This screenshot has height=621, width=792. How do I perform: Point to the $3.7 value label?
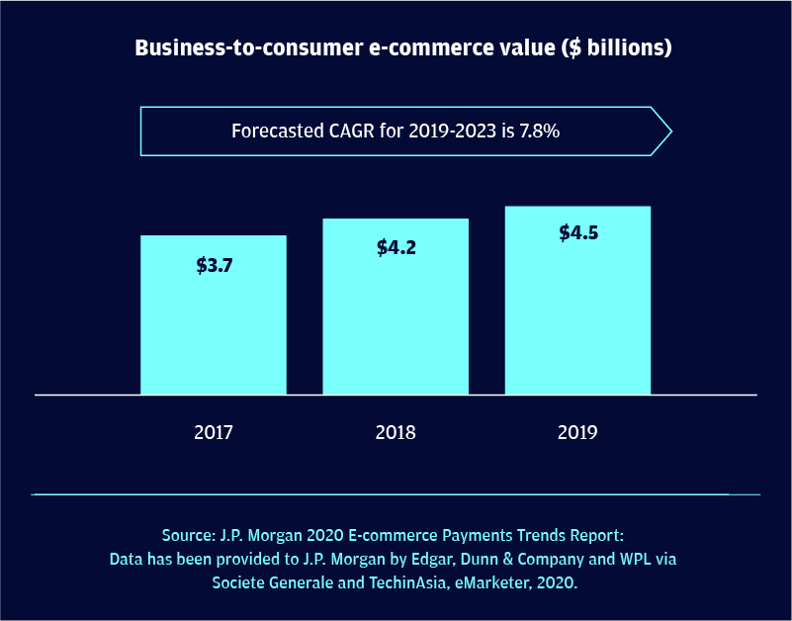(x=214, y=265)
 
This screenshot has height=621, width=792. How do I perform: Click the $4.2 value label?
(x=396, y=247)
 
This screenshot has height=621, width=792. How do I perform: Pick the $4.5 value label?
(x=578, y=233)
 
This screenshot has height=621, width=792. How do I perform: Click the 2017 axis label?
(x=214, y=432)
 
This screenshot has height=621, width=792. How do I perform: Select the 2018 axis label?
(x=396, y=432)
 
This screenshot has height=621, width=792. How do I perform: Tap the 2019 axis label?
(x=577, y=432)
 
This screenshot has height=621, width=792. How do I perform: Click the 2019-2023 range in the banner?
(x=455, y=132)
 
